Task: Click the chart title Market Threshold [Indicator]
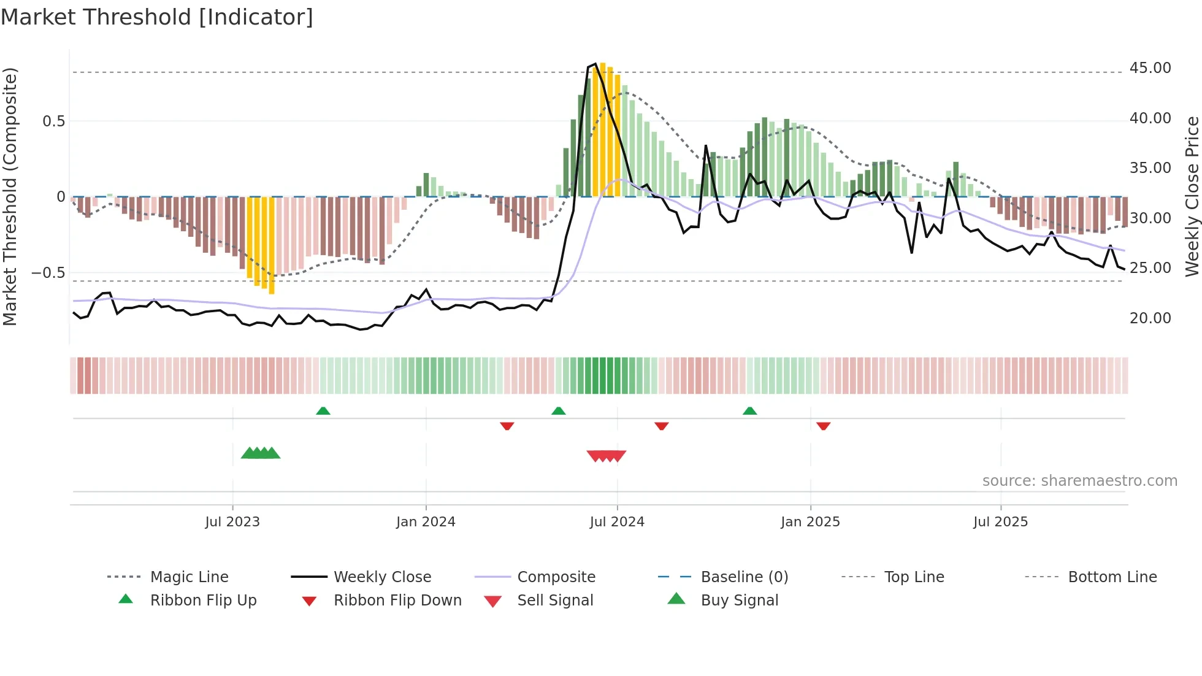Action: [157, 17]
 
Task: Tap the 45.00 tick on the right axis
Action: [1150, 68]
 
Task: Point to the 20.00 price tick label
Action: [1150, 318]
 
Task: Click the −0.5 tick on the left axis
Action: [48, 273]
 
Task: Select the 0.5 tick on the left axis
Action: [54, 121]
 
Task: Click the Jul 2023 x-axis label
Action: [232, 522]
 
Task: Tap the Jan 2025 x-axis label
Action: [810, 522]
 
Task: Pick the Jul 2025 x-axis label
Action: [1000, 522]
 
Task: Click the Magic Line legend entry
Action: [189, 577]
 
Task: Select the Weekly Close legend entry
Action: [382, 577]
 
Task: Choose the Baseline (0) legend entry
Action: [744, 577]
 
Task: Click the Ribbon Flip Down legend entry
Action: [397, 601]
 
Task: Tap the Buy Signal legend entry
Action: [739, 601]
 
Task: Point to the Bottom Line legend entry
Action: [1112, 577]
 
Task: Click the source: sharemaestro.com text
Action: [1079, 481]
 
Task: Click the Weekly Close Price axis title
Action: [1192, 196]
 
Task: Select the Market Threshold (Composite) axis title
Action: [10, 196]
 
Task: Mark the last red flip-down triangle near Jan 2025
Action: [823, 426]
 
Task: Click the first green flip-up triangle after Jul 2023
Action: [323, 411]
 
